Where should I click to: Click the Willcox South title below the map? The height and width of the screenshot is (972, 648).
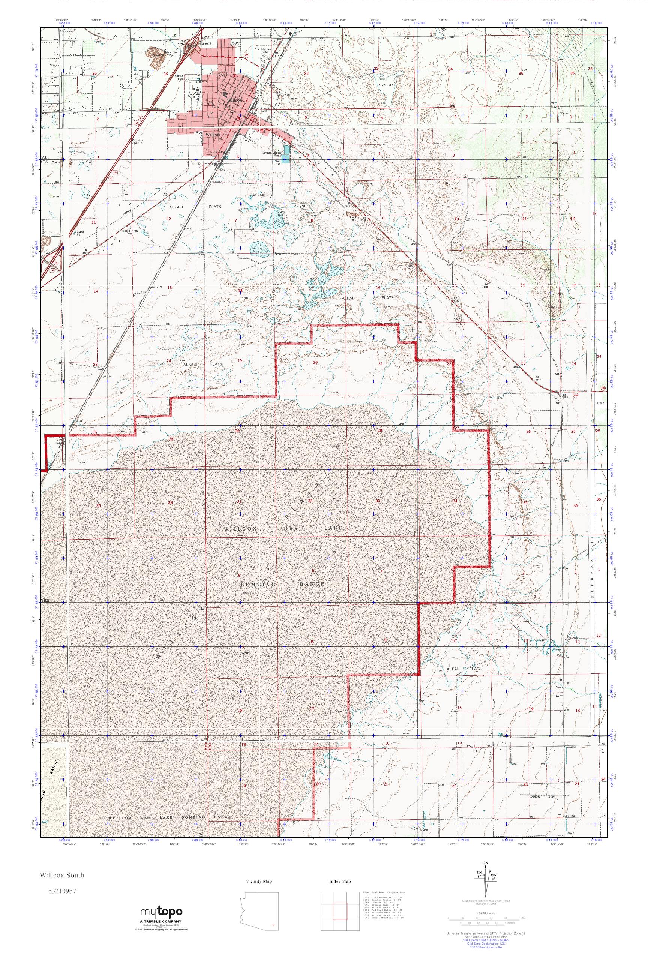[x=62, y=875]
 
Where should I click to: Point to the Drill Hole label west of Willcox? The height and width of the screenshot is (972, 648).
[x=137, y=140]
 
